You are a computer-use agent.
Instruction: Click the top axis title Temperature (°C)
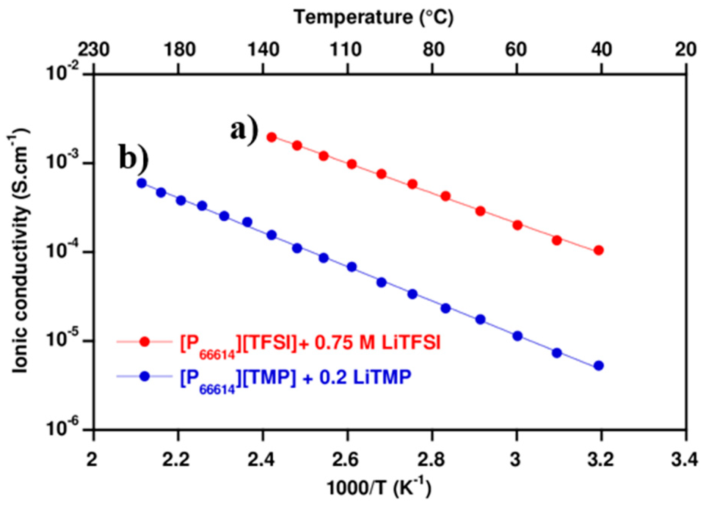(x=373, y=17)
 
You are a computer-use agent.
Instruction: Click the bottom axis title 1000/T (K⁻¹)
(x=378, y=488)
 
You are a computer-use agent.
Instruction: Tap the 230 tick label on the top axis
(x=94, y=50)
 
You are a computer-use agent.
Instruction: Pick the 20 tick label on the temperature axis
(x=686, y=50)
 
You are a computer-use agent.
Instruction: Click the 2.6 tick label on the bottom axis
(x=347, y=460)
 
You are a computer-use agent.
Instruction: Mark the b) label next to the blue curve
(x=133, y=157)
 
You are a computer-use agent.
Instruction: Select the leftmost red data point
(x=271, y=137)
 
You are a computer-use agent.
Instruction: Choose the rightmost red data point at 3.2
(x=599, y=250)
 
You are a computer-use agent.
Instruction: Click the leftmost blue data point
(x=141, y=183)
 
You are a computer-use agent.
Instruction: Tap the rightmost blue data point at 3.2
(x=599, y=366)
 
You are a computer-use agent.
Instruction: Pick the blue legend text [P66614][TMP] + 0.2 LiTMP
(x=295, y=378)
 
